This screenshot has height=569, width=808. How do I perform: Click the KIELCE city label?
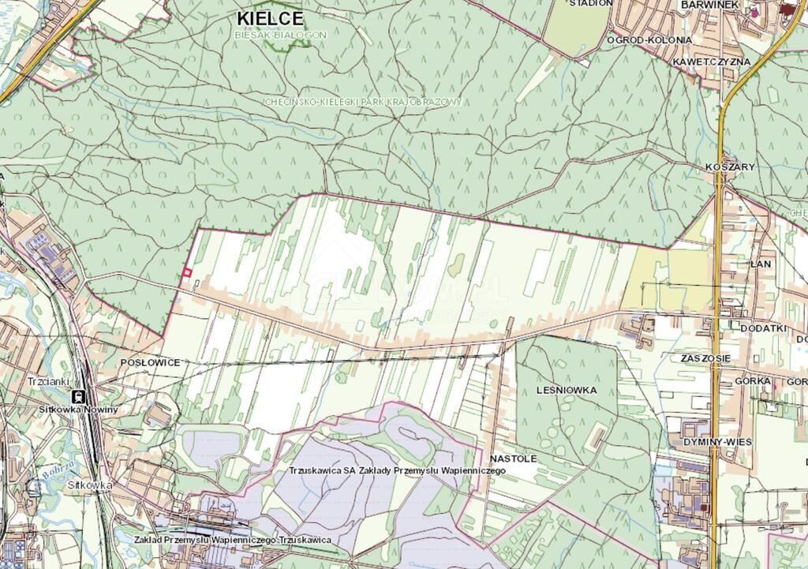point(270,17)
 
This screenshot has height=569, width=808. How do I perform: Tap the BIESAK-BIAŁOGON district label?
point(280,36)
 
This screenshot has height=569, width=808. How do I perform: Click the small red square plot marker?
point(187,272)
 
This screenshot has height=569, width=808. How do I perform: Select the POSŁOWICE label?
point(150,362)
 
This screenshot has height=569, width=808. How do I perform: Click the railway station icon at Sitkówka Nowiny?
point(79,396)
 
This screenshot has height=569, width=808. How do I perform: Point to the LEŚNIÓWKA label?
point(567,390)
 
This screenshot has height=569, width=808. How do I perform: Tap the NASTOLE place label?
point(513,458)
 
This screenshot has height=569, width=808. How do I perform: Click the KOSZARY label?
point(731,167)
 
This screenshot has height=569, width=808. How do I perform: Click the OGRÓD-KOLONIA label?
point(649,39)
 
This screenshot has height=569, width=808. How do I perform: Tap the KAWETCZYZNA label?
point(711,62)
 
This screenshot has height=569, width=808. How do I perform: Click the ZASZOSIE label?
point(705,358)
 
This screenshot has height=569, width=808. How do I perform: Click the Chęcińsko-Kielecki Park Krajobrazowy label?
point(363,103)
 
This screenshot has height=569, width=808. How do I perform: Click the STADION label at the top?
point(591,3)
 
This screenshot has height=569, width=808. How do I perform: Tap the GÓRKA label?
point(752,381)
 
